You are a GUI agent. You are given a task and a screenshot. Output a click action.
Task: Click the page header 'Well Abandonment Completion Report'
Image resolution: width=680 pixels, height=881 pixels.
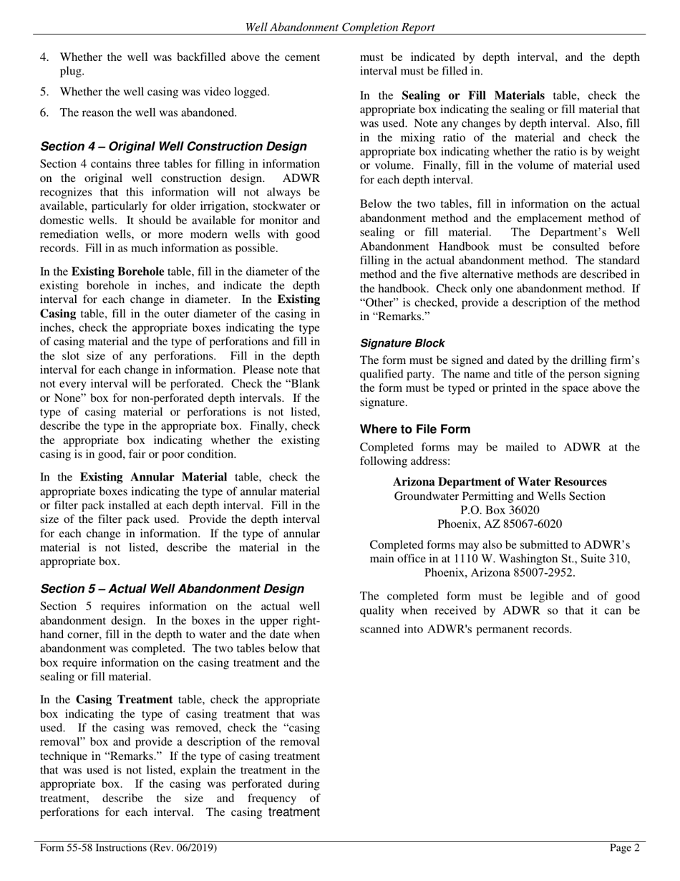(x=340, y=27)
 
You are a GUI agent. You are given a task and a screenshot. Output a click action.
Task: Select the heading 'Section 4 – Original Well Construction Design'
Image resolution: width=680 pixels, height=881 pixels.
(x=173, y=147)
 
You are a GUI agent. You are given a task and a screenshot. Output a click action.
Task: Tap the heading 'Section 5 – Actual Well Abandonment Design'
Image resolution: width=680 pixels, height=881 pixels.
(x=173, y=589)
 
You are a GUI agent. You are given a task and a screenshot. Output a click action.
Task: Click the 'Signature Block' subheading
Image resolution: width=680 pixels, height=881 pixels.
(x=402, y=343)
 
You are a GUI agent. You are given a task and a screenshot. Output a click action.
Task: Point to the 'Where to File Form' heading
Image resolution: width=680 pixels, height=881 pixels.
(x=415, y=430)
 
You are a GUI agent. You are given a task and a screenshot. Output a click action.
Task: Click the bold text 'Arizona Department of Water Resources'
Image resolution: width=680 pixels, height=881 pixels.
(x=500, y=482)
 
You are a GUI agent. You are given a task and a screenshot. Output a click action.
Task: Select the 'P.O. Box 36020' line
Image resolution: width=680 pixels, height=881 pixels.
(x=500, y=510)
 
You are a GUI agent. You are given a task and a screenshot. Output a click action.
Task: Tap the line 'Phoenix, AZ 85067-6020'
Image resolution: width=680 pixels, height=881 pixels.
(x=500, y=524)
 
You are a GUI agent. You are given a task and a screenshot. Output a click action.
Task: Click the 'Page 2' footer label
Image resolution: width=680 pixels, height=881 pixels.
(x=625, y=848)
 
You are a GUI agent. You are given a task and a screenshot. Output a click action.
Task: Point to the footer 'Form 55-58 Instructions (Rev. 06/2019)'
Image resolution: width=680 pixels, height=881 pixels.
(x=129, y=848)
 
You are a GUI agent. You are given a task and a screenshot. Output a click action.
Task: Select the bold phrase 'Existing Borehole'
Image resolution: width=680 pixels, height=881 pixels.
(x=117, y=271)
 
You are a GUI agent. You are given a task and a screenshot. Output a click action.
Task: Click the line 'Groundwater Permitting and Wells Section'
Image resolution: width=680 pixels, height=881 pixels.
(x=500, y=496)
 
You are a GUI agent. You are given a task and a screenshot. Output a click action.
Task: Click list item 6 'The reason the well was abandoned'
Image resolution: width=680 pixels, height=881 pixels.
(x=148, y=112)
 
